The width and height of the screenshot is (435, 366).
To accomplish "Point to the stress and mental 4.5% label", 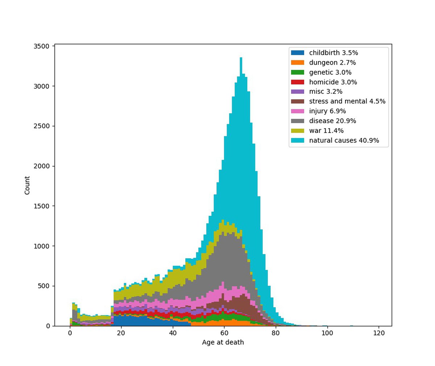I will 347,101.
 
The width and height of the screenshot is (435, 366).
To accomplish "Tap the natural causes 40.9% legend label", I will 344,141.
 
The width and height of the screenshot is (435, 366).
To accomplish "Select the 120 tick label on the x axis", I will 378,333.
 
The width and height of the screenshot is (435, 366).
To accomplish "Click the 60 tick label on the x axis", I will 224,333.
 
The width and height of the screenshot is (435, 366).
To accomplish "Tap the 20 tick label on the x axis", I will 121,333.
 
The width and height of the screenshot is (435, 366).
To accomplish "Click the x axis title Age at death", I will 223,342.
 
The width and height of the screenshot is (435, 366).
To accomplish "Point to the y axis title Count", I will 28,185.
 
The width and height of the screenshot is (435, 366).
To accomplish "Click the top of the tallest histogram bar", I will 241,58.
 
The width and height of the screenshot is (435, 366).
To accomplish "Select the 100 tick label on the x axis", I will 327,333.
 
